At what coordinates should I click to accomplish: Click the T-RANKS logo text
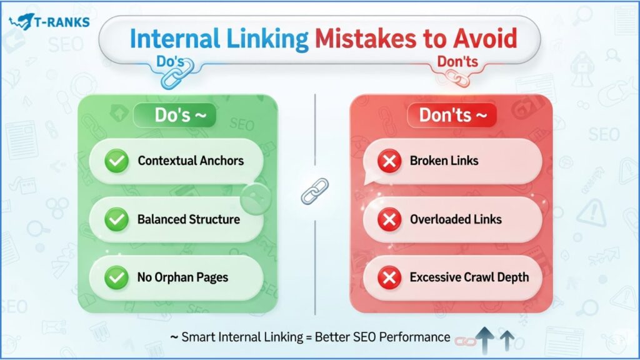62,22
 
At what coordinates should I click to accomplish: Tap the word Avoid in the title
485,39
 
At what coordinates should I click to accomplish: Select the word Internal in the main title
175,39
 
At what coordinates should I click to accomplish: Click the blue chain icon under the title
177,75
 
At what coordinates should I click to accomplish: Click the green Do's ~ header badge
175,115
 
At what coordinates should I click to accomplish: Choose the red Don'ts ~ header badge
452,115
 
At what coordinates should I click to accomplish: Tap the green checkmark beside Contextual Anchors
117,161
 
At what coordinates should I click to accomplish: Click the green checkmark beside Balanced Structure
117,219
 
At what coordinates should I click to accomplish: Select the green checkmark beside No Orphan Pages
117,277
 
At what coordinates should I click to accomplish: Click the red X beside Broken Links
389,161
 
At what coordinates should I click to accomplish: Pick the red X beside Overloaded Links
389,219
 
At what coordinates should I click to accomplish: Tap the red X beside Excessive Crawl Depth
389,277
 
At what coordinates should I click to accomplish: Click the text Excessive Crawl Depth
469,277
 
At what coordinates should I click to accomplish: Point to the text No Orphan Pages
183,277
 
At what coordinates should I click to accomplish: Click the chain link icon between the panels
315,191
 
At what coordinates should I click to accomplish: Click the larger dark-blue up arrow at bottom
485,339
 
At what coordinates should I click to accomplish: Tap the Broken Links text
444,161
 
